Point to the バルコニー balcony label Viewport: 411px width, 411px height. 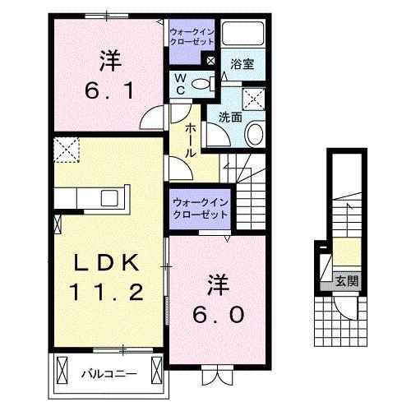pyautogui.click(x=108, y=374)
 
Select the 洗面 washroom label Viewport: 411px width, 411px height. pyautogui.click(x=230, y=117)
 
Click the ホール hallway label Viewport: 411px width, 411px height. pyautogui.click(x=189, y=141)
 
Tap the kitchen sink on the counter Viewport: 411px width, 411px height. pyautogui.click(x=108, y=198)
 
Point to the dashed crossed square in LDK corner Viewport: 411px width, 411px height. pyautogui.click(x=64, y=149)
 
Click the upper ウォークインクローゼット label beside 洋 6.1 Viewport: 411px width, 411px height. pyautogui.click(x=192, y=37)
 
